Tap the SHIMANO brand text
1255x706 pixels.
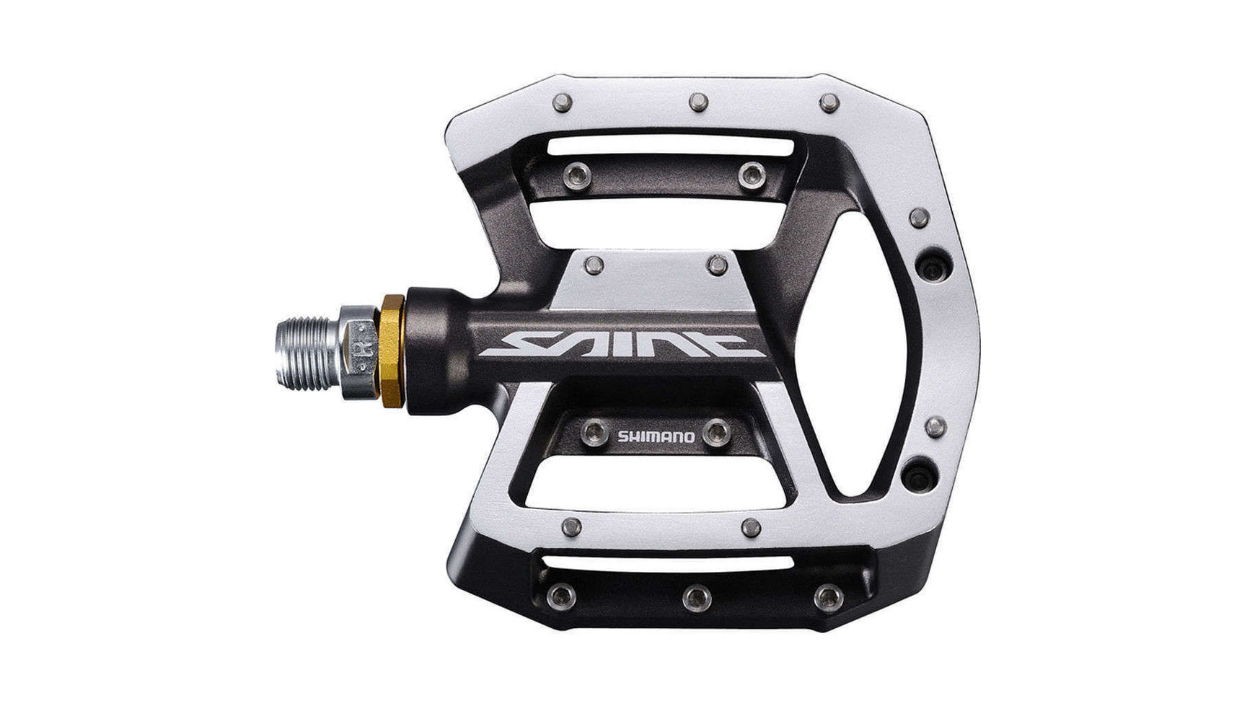656,436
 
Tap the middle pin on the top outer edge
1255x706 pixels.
697,102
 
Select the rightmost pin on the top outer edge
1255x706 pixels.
829,102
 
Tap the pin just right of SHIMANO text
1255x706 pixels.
715,431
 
